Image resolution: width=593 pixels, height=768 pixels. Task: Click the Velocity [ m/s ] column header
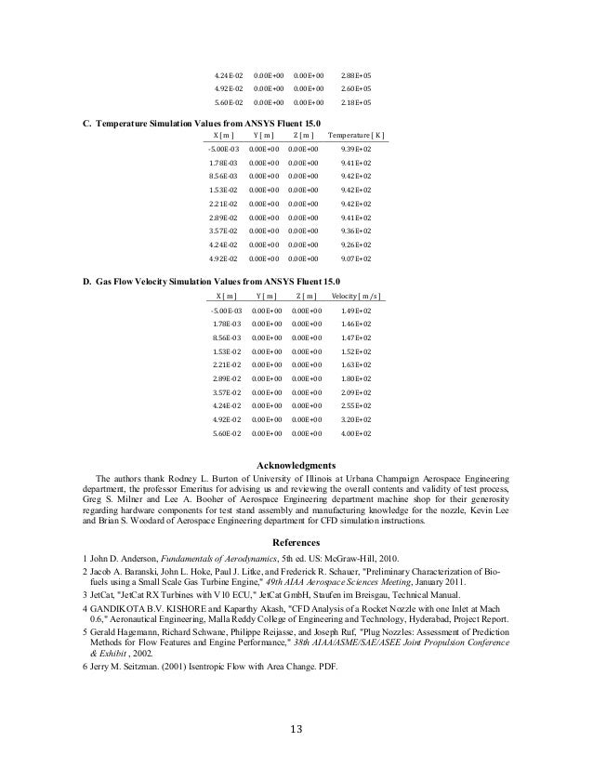(356, 296)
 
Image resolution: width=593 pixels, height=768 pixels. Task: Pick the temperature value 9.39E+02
(357, 150)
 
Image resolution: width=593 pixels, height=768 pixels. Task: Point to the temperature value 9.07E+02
(357, 259)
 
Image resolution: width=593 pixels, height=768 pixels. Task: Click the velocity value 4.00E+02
(357, 433)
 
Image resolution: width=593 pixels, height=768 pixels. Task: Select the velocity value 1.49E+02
(357, 311)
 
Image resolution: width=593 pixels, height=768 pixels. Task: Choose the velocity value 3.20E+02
(357, 420)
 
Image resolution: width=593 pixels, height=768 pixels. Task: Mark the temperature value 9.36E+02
(357, 232)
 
